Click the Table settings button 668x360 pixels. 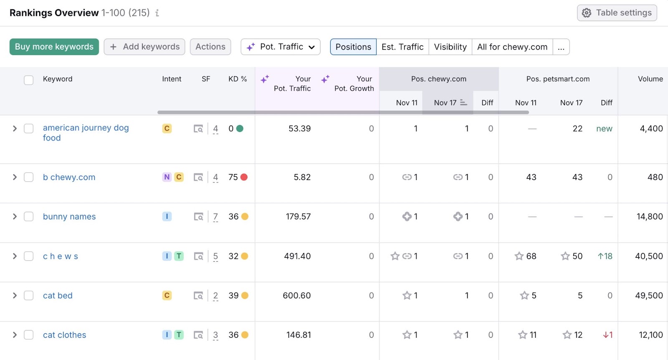pos(617,13)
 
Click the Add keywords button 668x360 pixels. pos(144,47)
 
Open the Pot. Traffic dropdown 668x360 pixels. pos(280,47)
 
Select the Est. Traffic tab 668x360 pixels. pos(402,47)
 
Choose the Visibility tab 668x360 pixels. pos(450,47)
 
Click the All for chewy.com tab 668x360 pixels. pos(512,47)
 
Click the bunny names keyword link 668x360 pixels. pos(69,216)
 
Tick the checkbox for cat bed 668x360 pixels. pos(29,296)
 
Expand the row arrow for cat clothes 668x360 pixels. pos(15,335)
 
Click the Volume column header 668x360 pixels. pos(650,79)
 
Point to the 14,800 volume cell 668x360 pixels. pos(650,216)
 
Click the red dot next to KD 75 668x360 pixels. pos(244,177)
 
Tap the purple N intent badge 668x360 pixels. pos(167,177)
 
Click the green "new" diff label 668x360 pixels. pos(604,129)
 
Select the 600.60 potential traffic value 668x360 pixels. pos(296,296)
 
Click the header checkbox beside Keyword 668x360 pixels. pos(29,80)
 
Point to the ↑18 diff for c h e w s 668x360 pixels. pos(605,256)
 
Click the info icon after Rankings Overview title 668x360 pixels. pos(157,13)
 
